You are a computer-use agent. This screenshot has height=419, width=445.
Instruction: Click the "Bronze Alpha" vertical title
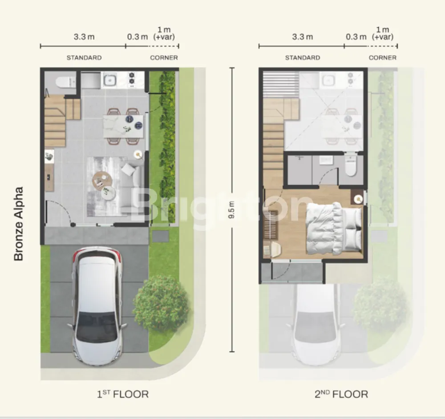[18, 224]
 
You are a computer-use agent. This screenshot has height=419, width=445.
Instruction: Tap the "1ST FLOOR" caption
[123, 394]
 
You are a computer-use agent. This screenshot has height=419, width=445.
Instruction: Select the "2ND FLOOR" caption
[341, 394]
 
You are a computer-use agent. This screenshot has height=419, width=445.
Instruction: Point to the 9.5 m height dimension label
[231, 209]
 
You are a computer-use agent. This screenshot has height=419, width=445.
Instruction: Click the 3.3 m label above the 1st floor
[84, 37]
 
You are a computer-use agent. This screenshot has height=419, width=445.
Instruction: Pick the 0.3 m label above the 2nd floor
[356, 37]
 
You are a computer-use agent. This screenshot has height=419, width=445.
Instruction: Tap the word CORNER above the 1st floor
[164, 57]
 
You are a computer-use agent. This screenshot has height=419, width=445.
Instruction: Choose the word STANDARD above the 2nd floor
[303, 57]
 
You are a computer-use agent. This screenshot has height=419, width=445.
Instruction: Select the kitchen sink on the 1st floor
[109, 80]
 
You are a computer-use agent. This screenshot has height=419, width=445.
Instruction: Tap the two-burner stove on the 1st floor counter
[132, 79]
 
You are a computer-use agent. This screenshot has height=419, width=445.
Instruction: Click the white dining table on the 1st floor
[123, 126]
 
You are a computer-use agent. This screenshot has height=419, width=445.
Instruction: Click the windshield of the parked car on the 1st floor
[97, 326]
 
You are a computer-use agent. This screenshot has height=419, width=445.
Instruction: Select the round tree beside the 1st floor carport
[161, 303]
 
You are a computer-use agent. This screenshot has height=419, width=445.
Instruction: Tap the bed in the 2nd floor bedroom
[334, 228]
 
